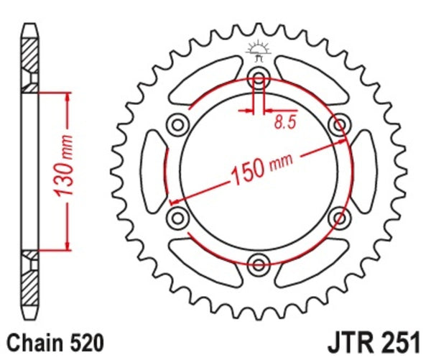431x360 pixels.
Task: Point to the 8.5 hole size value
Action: tap(284, 122)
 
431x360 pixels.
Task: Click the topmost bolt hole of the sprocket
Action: tap(258, 78)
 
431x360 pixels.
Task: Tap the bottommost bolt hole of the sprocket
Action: tap(258, 262)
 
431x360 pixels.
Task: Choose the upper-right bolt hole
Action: tap(338, 125)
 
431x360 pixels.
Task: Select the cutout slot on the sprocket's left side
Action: tap(152, 170)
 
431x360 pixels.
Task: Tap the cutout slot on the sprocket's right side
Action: tap(363, 170)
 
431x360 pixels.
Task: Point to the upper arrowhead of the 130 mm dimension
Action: tap(68, 98)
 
